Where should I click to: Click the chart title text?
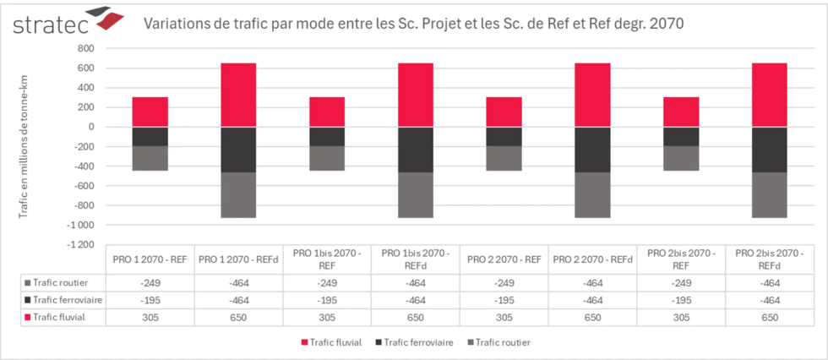pos(414,24)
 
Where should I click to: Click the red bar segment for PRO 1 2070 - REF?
pos(150,112)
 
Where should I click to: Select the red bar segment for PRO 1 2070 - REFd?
pos(238,95)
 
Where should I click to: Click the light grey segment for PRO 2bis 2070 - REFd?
pos(769,195)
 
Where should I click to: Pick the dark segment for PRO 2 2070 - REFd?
pos(592,150)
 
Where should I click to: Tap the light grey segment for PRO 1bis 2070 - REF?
pos(327,158)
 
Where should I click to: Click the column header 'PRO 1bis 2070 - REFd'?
pos(415,259)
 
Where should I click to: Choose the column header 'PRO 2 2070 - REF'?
pos(504,259)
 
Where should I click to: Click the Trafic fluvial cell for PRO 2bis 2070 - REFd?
pos(769,316)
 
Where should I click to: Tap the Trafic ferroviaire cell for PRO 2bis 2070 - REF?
pos(681,300)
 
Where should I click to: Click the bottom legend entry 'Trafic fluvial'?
pos(332,342)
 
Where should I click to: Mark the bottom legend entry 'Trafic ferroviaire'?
pos(415,342)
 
